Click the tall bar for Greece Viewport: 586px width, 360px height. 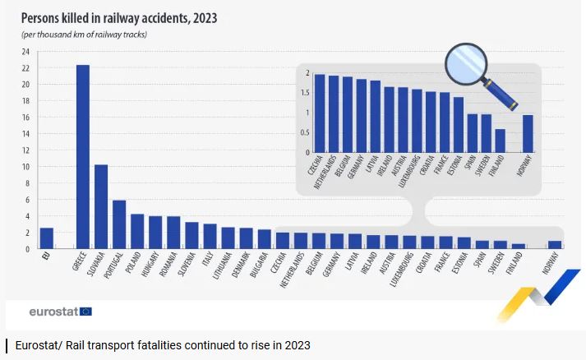82,156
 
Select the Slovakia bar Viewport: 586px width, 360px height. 100,206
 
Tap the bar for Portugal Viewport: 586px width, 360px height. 118,224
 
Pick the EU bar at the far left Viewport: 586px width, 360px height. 46,238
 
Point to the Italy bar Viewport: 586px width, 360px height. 210,236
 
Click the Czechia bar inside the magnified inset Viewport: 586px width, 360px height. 320,113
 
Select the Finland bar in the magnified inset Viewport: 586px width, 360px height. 500,141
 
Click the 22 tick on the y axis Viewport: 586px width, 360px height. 26,85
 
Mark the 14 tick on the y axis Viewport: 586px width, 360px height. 26,150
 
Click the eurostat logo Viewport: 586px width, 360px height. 60,312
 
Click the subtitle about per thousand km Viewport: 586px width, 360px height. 84,35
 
